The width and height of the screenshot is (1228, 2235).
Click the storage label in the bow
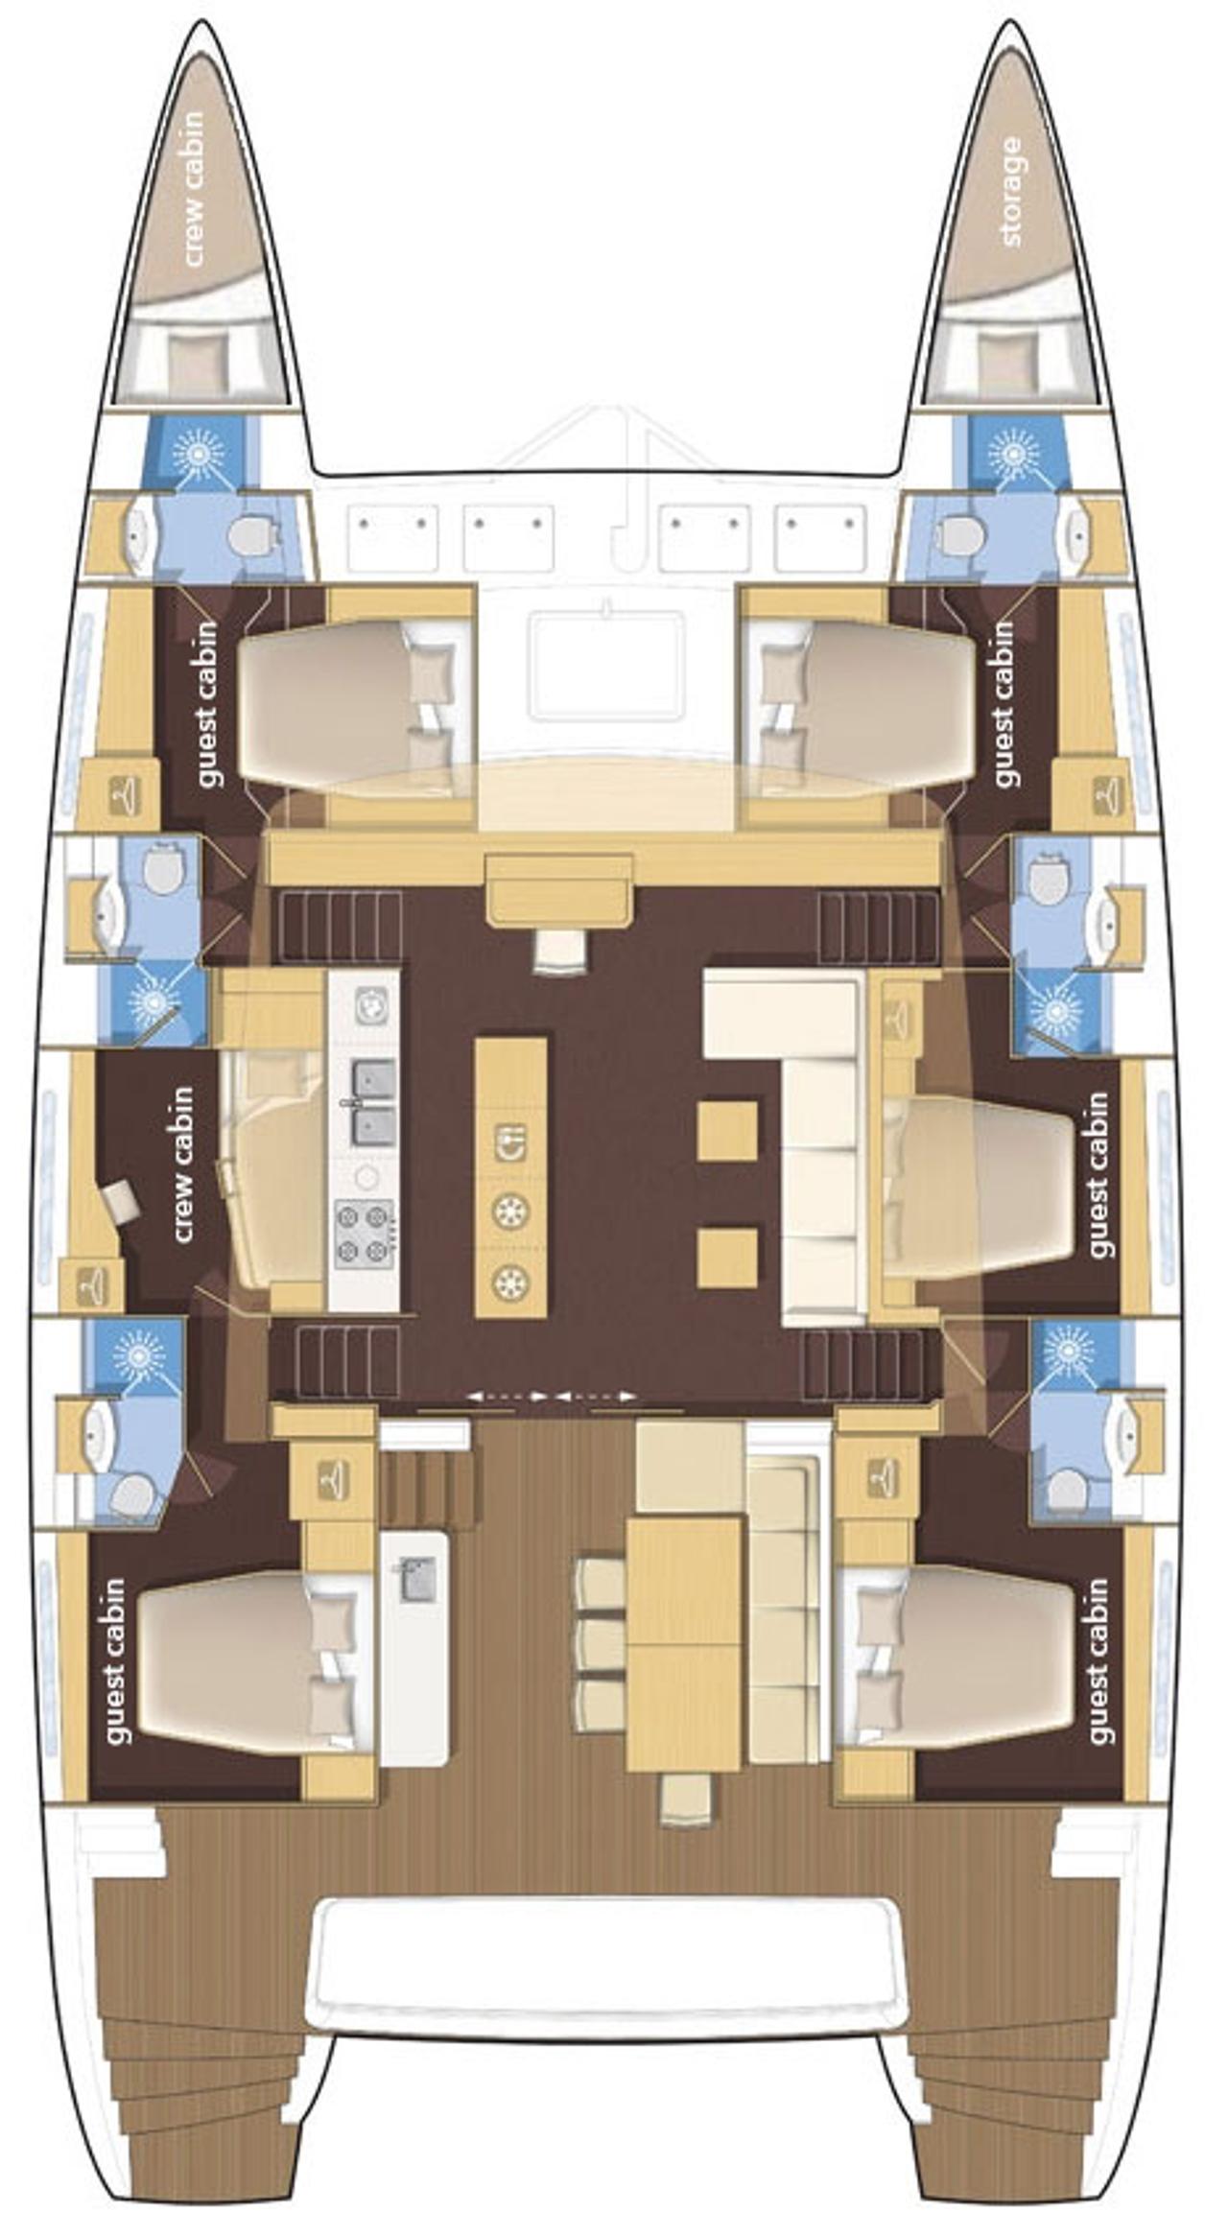(1010, 192)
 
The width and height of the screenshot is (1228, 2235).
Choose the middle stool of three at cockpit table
(599, 1643)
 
